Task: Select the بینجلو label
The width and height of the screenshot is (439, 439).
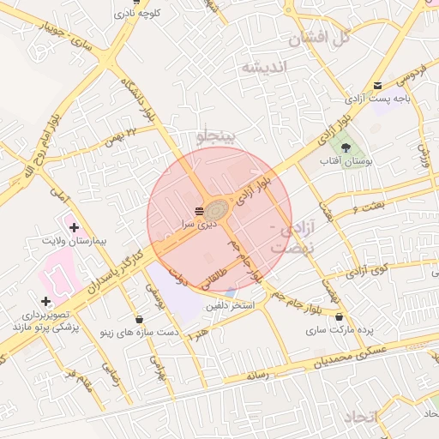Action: click(x=221, y=136)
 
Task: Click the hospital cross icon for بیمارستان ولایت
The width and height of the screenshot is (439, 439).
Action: click(x=75, y=228)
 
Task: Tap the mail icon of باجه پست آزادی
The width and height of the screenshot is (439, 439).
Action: click(x=378, y=84)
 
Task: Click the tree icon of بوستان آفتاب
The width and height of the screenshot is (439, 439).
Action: click(x=346, y=147)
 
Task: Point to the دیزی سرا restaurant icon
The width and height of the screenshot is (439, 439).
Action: click(x=199, y=210)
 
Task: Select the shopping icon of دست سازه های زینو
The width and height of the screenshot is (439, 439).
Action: click(x=140, y=319)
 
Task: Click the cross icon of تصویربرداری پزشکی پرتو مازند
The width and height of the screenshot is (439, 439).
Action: click(x=45, y=301)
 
